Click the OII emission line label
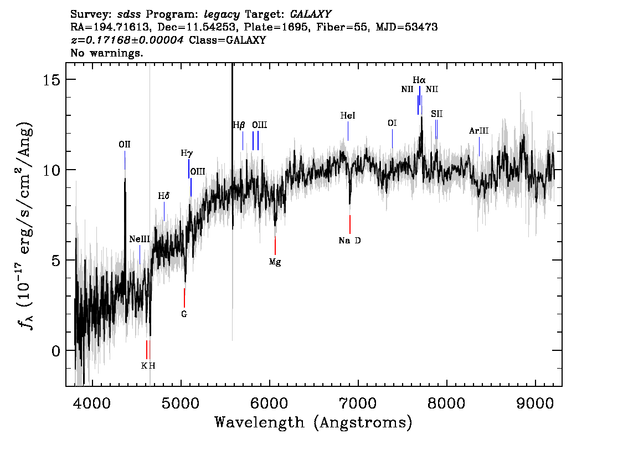coord(125,144)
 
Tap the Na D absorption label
coord(349,241)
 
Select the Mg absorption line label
coord(275,262)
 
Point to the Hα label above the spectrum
coord(419,80)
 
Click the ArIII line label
coord(479,131)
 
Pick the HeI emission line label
coord(348,115)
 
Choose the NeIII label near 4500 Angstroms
coord(140,239)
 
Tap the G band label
coord(184,314)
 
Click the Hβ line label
coord(239,125)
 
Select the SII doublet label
coord(436,114)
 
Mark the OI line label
coord(392,123)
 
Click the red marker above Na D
coord(350,225)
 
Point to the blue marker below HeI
coord(348,131)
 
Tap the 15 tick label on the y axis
coord(52,80)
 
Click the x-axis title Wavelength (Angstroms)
coord(313,422)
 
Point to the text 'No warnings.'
coord(106,53)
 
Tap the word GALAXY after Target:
coord(311,14)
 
